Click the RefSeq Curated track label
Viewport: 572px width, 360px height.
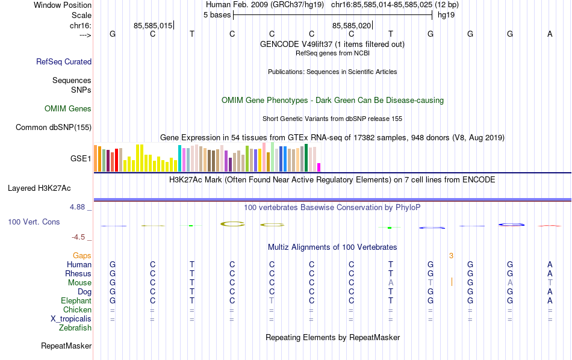coord(64,61)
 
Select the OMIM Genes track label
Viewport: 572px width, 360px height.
coord(68,109)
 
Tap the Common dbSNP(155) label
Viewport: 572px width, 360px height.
coord(54,127)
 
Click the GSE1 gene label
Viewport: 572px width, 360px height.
coord(81,159)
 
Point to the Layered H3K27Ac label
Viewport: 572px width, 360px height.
coord(49,188)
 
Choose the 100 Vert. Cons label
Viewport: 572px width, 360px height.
coord(34,222)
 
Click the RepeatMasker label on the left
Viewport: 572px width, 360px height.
coord(66,346)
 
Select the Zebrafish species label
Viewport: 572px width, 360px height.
coord(75,328)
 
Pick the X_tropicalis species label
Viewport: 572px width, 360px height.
coord(69,319)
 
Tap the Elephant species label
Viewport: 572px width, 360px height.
coord(76,301)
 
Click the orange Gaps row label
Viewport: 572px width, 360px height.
coord(82,256)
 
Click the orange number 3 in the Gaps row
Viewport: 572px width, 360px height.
coord(451,256)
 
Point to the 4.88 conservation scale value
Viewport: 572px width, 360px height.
coord(80,207)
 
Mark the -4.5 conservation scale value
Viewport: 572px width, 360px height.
coord(81,237)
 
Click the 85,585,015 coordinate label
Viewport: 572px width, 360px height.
coord(153,25)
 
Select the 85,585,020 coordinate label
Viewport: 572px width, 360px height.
coord(352,25)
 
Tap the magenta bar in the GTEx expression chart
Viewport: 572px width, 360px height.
coord(319,167)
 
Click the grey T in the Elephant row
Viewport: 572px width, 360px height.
coord(272,301)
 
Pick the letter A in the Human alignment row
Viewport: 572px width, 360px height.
coord(550,265)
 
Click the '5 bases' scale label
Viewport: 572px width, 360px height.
coord(217,14)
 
